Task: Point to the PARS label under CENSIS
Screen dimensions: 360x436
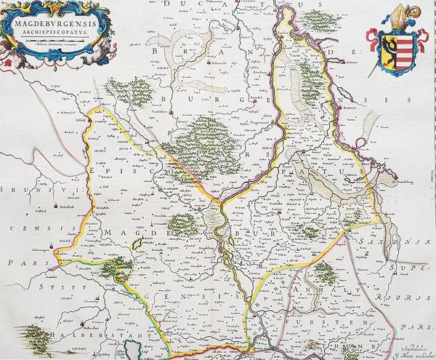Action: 15,260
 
